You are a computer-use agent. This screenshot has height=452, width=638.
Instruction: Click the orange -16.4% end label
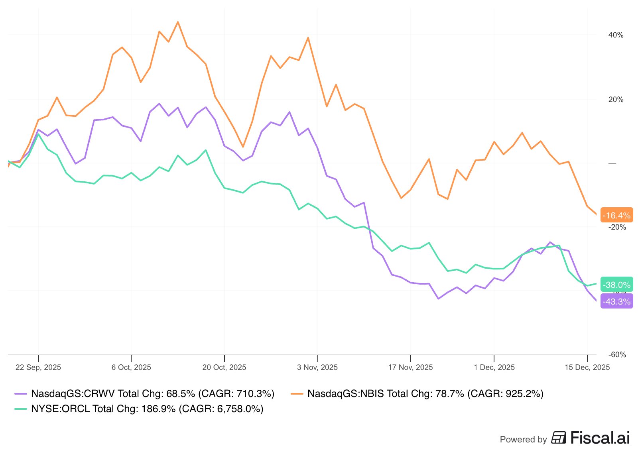(x=616, y=216)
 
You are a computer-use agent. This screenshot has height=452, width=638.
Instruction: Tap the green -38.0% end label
(x=616, y=285)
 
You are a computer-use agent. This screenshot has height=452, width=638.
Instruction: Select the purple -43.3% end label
(x=616, y=302)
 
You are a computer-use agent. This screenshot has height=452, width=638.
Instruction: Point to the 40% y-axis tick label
(x=616, y=35)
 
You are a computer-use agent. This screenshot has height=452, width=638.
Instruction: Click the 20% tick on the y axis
(x=616, y=100)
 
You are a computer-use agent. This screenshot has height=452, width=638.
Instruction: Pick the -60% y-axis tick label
(x=617, y=355)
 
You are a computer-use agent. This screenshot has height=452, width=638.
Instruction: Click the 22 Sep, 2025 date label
(x=38, y=367)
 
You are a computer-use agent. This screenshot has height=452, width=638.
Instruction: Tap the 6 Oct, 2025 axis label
(x=131, y=367)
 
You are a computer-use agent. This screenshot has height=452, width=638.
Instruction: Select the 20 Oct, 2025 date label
(x=224, y=367)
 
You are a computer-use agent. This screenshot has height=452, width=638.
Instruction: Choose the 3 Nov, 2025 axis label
(x=317, y=367)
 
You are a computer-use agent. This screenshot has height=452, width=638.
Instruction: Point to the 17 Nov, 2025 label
(x=410, y=367)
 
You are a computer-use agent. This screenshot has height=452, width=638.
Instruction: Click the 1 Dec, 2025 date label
(x=494, y=367)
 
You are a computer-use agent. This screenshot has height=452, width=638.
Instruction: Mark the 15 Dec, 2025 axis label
(x=587, y=367)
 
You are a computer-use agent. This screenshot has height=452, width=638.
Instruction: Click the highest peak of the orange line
(x=178, y=22)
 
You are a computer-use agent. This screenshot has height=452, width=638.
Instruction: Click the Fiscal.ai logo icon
(x=559, y=438)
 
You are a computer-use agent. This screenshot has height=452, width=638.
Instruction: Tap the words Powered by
(x=523, y=439)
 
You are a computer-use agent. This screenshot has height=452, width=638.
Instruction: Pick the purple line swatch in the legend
(x=20, y=394)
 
